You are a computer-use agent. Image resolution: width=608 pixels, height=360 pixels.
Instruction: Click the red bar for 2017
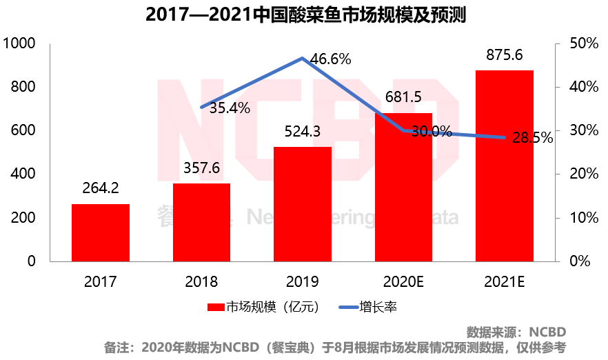101,232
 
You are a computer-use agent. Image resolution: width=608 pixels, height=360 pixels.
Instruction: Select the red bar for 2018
201,222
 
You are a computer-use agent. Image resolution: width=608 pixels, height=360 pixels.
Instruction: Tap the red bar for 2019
303,204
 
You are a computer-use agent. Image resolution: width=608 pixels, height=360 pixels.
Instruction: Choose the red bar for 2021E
504,166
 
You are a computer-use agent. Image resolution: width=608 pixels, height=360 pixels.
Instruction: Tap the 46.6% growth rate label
330,59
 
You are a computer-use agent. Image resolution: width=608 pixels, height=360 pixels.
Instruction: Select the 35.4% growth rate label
230,108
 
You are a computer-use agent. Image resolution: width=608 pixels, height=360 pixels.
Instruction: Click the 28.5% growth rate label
532,138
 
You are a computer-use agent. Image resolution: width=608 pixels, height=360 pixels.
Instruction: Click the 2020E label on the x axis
403,281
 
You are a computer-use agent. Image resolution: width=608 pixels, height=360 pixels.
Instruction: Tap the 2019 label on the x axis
303,281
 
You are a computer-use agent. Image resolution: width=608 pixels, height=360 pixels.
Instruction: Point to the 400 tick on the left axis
23,174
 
